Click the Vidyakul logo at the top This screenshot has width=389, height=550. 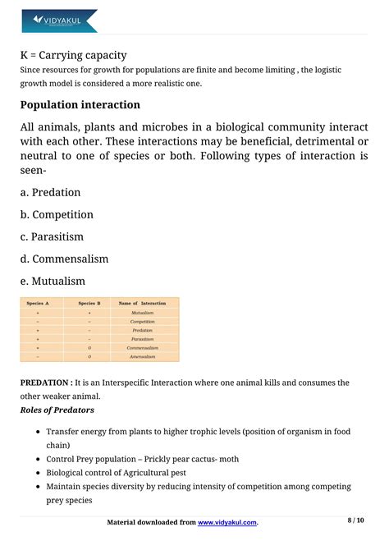[59, 20]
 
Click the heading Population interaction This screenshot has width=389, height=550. [80, 105]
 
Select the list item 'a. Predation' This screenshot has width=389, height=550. [51, 192]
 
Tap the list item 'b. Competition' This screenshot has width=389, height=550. [57, 214]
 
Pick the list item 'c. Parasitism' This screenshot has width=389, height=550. [53, 236]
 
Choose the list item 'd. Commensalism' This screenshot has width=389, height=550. [65, 259]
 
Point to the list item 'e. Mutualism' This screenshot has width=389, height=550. [53, 281]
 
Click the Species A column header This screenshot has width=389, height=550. [38, 304]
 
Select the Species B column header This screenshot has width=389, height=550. [89, 304]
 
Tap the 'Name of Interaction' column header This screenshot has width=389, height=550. [142, 304]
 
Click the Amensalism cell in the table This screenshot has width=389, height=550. [142, 357]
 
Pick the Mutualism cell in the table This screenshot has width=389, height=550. [142, 313]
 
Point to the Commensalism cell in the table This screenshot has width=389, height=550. [142, 348]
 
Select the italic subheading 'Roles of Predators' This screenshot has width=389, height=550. [57, 410]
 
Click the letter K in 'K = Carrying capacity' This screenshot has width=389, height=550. [25, 56]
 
